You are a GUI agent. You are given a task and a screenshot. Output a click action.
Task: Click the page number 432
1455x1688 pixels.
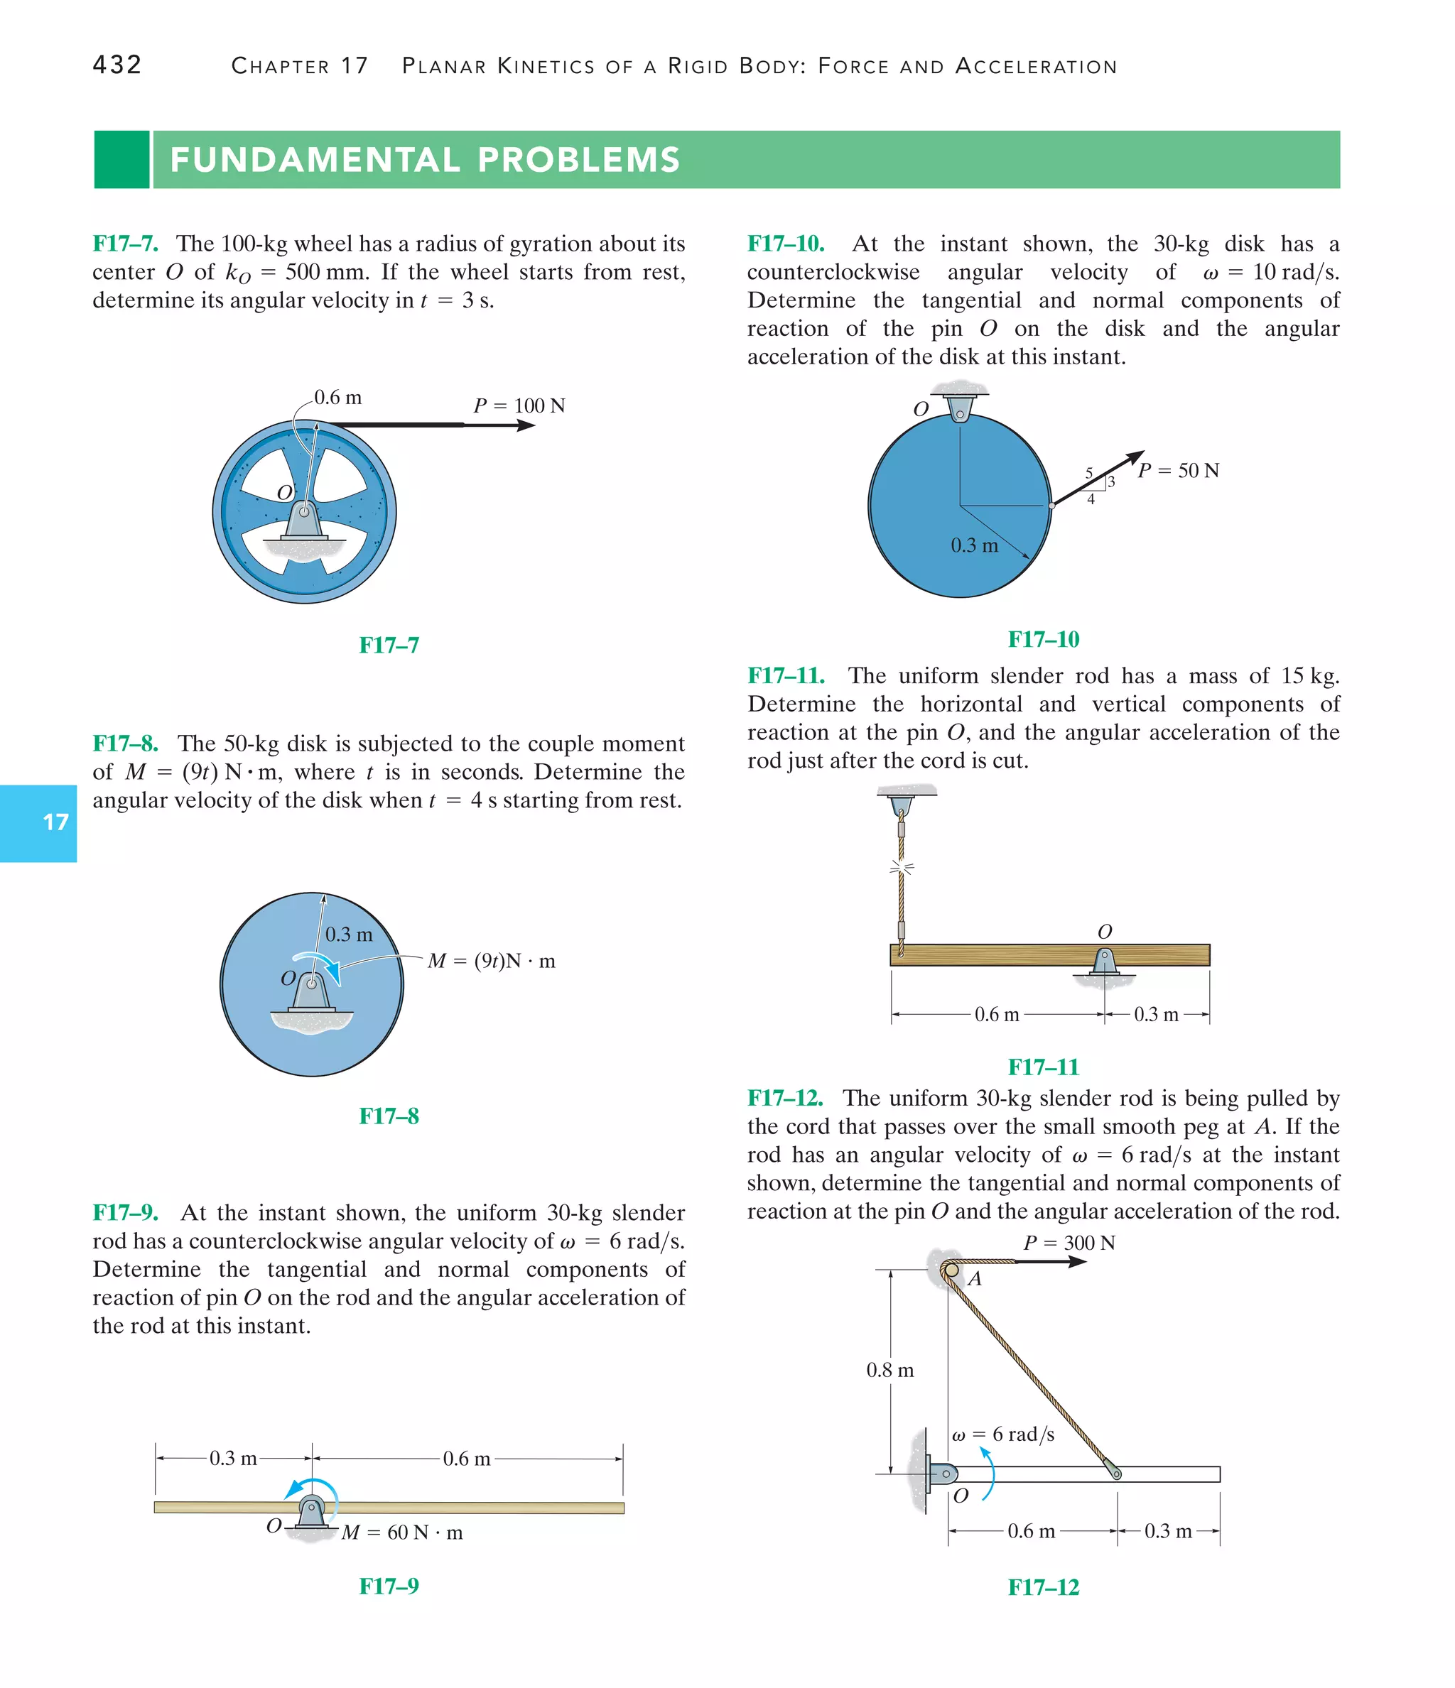point(117,65)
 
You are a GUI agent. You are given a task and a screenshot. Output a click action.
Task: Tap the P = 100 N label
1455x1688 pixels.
point(519,405)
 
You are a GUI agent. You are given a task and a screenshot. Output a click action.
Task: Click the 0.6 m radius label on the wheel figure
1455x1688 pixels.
point(337,398)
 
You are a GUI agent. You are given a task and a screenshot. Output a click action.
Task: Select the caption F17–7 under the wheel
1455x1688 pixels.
point(389,646)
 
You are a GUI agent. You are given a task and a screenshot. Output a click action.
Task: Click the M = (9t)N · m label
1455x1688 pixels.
point(492,961)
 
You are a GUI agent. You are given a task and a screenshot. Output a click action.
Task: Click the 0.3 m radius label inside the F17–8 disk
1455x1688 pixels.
point(349,935)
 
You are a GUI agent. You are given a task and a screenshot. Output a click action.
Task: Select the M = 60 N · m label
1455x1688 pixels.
point(402,1532)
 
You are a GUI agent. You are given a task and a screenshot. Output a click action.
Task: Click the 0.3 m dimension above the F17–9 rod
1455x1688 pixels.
point(233,1458)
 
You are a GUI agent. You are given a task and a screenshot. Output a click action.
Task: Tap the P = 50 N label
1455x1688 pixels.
point(1179,471)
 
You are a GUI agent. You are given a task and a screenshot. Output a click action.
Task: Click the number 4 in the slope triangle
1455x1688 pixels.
point(1091,499)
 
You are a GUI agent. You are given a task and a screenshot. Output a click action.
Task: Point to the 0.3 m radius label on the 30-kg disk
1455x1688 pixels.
point(974,545)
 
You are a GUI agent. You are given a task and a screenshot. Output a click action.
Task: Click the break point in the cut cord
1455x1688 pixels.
point(901,868)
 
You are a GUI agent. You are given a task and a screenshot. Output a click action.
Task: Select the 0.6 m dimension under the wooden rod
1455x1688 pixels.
point(997,1014)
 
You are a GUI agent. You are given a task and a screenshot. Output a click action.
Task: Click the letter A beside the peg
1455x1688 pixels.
point(974,1279)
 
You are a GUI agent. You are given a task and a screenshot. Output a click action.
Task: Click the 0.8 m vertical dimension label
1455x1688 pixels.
point(890,1371)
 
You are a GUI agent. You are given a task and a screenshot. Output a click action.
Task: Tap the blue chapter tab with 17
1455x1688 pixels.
point(39,823)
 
